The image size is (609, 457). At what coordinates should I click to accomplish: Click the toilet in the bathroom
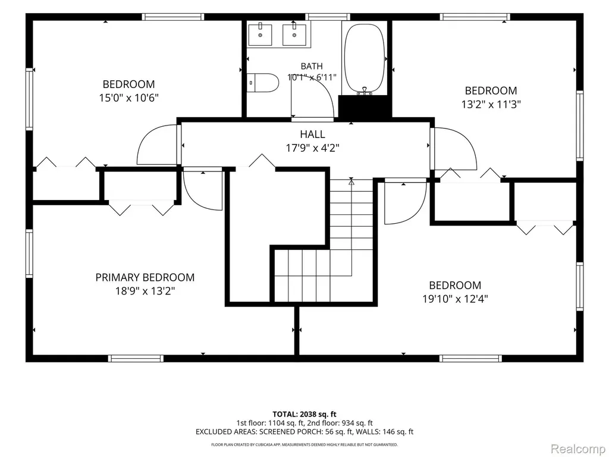pyautogui.click(x=263, y=83)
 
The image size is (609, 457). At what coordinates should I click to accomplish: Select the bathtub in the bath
pyautogui.click(x=365, y=58)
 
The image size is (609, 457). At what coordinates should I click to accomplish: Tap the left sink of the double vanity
pyautogui.click(x=260, y=34)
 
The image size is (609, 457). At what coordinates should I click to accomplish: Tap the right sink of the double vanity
pyautogui.click(x=294, y=34)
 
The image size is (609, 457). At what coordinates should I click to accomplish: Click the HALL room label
pyautogui.click(x=313, y=134)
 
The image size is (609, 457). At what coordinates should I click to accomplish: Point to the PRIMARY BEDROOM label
pyautogui.click(x=145, y=277)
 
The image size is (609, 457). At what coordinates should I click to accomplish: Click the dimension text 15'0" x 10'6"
pyautogui.click(x=129, y=98)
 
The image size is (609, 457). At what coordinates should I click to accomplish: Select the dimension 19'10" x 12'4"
pyautogui.click(x=455, y=299)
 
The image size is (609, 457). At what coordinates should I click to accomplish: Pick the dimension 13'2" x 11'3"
pyautogui.click(x=491, y=104)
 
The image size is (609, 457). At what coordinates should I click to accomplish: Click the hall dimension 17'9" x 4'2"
pyautogui.click(x=313, y=148)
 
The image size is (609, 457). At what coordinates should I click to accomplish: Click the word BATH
pyautogui.click(x=312, y=66)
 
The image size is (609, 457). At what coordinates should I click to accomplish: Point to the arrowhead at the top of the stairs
pyautogui.click(x=351, y=181)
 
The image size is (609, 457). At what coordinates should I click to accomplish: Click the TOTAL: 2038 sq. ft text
pyautogui.click(x=304, y=414)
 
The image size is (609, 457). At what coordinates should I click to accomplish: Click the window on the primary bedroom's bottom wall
pyautogui.click(x=136, y=358)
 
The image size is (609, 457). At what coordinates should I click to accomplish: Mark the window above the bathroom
pyautogui.click(x=328, y=17)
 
